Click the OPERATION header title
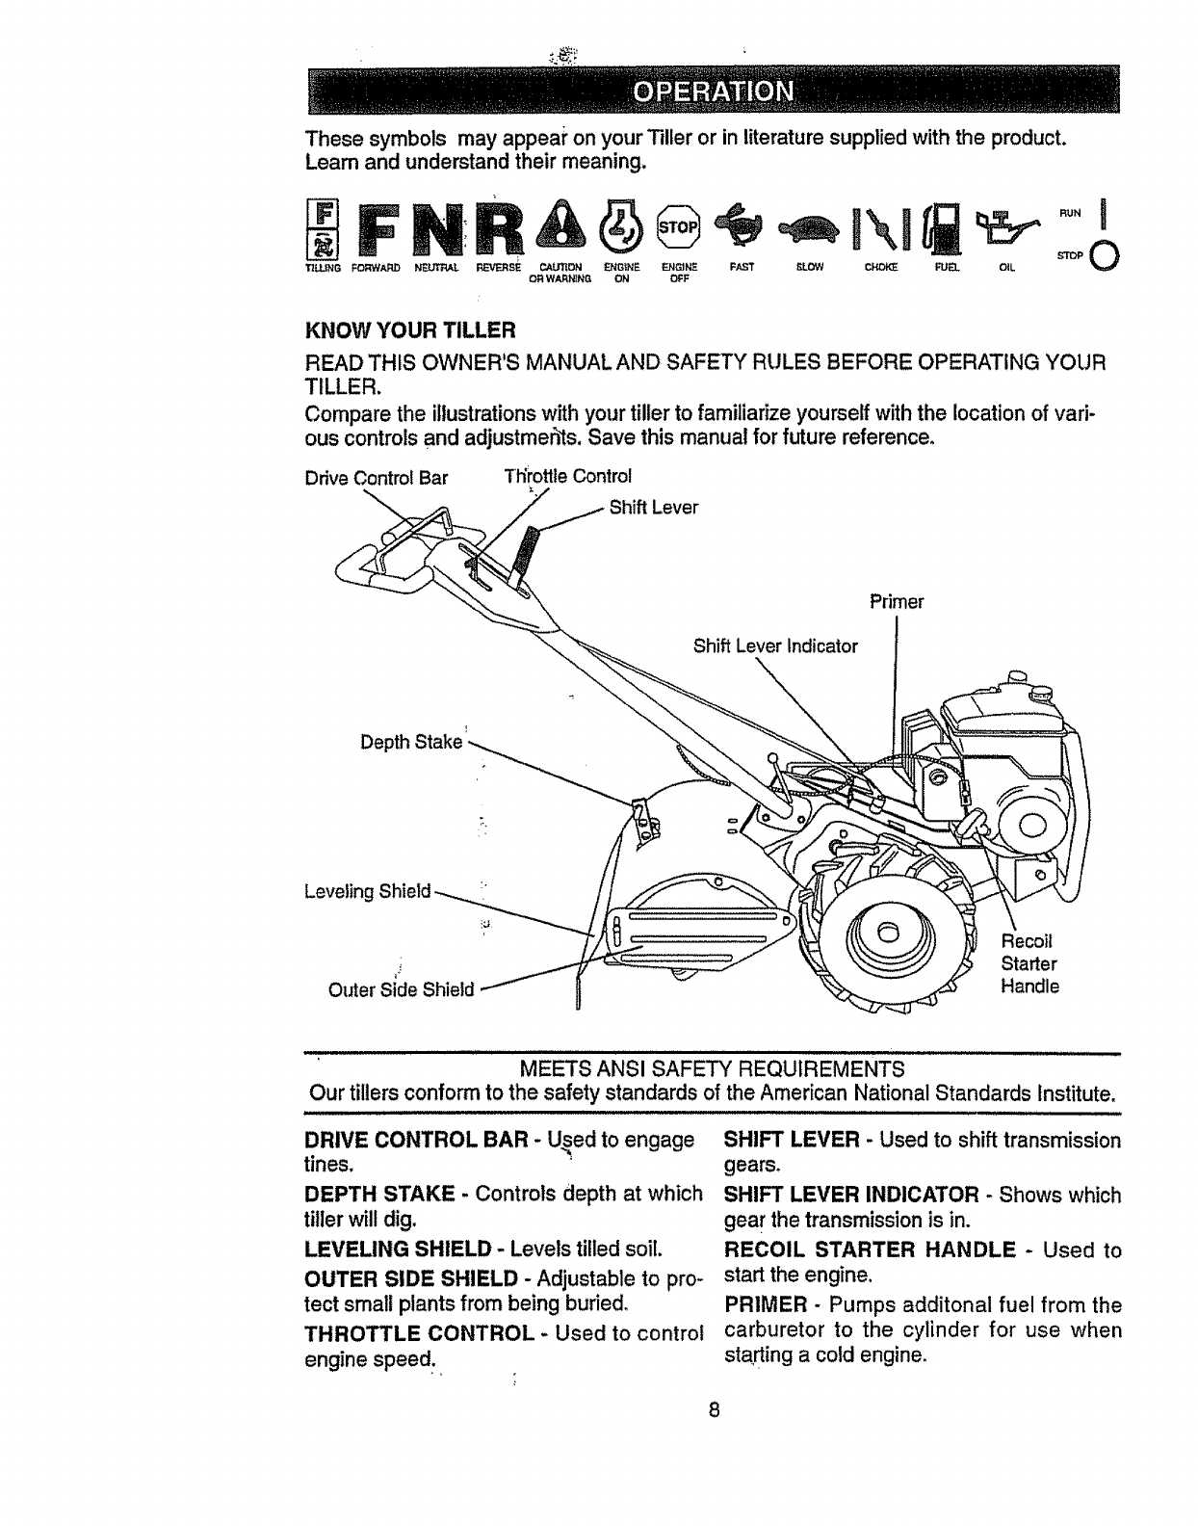(x=713, y=92)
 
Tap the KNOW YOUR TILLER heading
(x=411, y=331)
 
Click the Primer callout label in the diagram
(x=896, y=602)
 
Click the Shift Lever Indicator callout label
(x=775, y=646)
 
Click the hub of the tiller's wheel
(x=888, y=931)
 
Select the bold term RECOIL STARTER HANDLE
(x=870, y=1250)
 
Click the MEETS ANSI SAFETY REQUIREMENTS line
(x=712, y=1069)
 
